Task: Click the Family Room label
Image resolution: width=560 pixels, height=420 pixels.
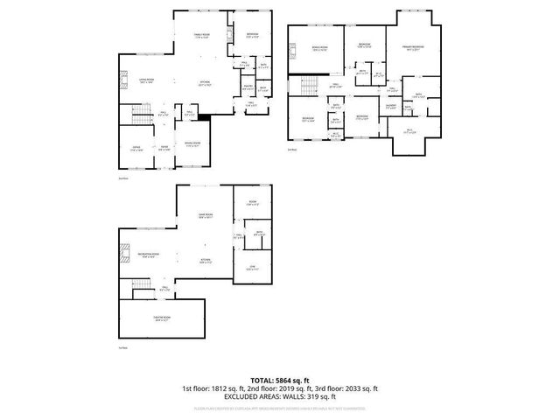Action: coord(202,35)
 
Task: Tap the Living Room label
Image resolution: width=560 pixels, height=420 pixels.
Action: coord(146,80)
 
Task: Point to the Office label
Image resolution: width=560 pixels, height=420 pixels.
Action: coord(136,150)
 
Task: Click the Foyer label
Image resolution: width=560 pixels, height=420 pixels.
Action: coord(164,150)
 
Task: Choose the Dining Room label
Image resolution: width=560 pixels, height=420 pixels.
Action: coord(192,143)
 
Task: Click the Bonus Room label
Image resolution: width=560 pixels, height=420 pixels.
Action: coord(320,48)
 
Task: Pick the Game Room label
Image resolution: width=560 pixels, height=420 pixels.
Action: coord(205,217)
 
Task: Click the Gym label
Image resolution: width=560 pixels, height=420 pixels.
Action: coord(252,267)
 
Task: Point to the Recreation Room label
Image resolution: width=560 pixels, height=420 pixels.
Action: coord(146,256)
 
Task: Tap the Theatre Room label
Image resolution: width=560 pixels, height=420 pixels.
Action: coord(162,320)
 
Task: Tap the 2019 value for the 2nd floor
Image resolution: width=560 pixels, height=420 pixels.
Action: coord(274,388)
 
